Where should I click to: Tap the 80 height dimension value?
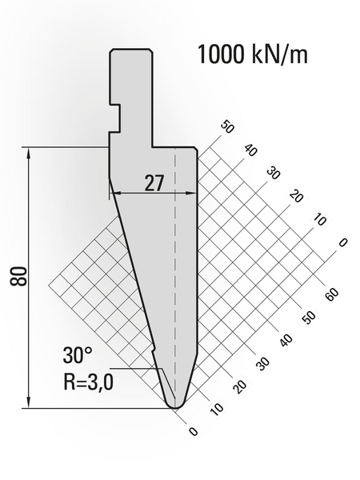22,277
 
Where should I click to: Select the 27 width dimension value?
154,182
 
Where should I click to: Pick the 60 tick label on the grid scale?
332,291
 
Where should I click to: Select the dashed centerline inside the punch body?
174,280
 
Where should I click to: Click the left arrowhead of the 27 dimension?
114,193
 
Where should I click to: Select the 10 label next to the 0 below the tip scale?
215,409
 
